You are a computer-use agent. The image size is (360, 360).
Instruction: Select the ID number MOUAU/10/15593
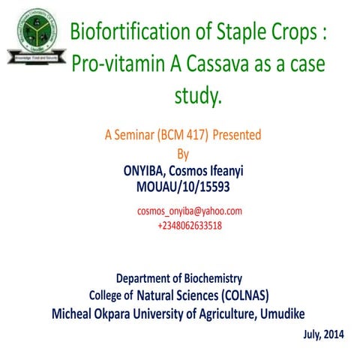coord(183,186)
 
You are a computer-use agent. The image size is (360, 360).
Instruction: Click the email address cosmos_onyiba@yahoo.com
coord(189,211)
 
